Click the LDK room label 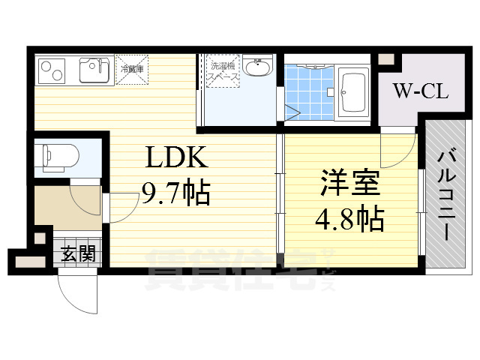[x=175, y=158]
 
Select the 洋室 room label [x=349, y=184]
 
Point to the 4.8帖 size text [x=349, y=218]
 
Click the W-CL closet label [x=421, y=92]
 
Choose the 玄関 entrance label [x=77, y=253]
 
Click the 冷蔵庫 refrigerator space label [x=132, y=69]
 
